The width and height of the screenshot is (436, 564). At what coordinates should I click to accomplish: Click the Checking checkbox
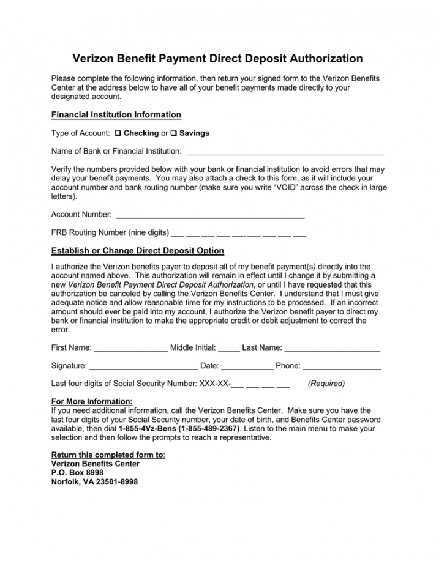pos(118,133)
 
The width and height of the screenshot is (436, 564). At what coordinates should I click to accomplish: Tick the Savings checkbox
pos(173,133)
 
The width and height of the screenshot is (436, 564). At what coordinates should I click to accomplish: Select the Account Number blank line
pos(210,215)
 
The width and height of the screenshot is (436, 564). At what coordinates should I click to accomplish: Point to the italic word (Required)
pos(326,384)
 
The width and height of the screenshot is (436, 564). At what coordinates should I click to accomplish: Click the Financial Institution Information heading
pos(116,115)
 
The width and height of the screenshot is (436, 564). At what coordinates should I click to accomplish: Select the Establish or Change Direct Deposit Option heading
pos(138,251)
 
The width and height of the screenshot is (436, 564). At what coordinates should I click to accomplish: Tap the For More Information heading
pos(92,401)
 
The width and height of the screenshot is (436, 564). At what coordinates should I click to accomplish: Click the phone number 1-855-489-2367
pos(206,429)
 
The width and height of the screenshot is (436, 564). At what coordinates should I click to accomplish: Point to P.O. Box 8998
pos(77,473)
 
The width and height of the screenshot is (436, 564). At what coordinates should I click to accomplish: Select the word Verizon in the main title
pos(94,59)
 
